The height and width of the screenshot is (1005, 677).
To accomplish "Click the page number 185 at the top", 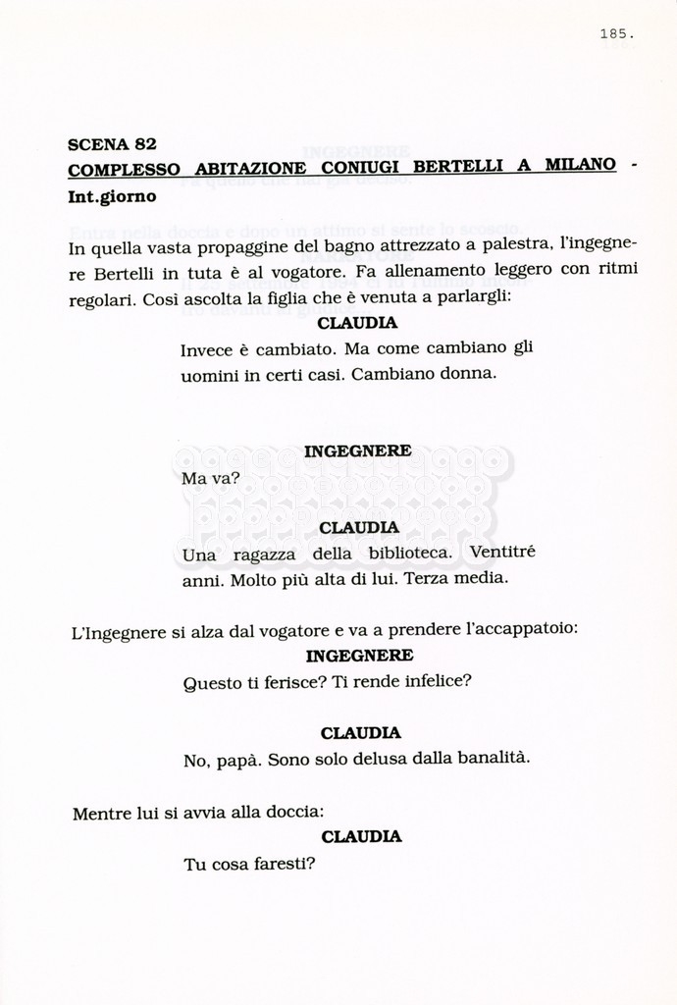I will click(x=616, y=34).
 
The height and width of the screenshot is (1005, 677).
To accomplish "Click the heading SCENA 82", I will click(x=112, y=144).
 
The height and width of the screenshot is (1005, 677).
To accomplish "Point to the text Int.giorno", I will click(x=112, y=196).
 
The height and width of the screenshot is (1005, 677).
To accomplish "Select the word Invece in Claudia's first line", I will click(x=207, y=349).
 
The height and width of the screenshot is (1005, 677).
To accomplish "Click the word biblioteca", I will click(x=396, y=553).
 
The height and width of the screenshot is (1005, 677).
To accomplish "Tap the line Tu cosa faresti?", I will click(x=248, y=865).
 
